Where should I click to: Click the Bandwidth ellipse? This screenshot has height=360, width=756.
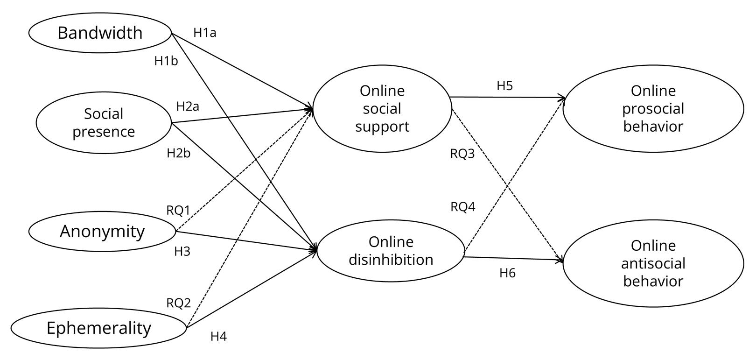pos(100,33)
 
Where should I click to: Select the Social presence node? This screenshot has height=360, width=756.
pos(104,123)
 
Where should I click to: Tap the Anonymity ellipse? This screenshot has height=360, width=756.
pos(102,232)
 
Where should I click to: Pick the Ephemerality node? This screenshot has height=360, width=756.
pos(99,328)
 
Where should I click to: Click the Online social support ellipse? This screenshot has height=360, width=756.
pos(382,109)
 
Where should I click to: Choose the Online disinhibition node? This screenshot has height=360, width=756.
pos(391,251)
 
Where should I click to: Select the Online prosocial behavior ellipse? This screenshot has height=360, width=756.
pos(653,109)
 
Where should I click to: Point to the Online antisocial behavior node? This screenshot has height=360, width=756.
pos(653,263)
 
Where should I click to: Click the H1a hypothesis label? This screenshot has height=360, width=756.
pos(205,33)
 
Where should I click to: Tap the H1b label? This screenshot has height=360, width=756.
pos(166,61)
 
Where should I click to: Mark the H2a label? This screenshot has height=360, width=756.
pos(188,106)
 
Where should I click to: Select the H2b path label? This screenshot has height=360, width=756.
pos(179,153)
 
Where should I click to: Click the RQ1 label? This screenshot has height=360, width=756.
pos(178,210)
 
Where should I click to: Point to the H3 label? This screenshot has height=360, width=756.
pos(182,252)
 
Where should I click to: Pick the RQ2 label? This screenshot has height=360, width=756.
pos(179,304)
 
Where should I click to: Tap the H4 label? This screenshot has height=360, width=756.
pos(218,336)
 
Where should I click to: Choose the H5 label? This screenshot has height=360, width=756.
pos(504,86)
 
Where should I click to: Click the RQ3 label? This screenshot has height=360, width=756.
pos(462,154)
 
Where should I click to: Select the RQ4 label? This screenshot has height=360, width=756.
pos(463,206)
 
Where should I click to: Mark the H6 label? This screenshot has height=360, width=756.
pos(507,273)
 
